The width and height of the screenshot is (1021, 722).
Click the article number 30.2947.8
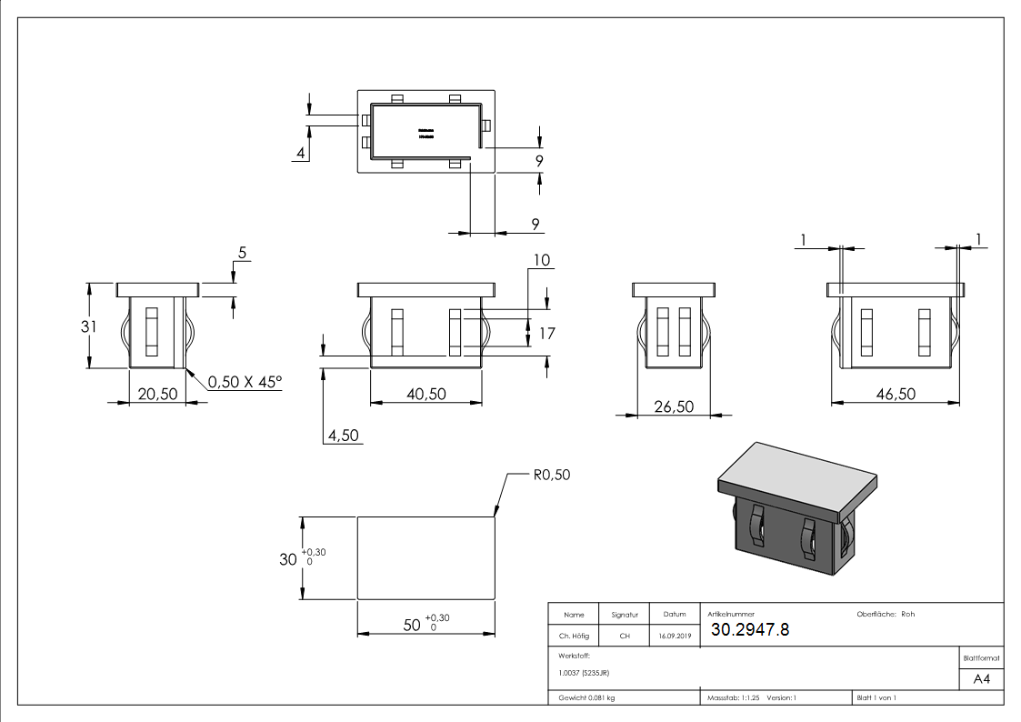[750, 629]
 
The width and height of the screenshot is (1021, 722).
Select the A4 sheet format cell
[981, 678]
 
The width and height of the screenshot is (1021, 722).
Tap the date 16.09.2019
[674, 637]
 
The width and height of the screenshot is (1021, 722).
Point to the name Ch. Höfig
[573, 637]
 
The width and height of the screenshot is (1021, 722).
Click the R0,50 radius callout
[552, 475]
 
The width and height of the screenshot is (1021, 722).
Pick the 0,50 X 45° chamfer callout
[245, 382]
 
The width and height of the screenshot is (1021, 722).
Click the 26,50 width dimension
[672, 406]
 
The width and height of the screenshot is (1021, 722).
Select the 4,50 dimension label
[344, 436]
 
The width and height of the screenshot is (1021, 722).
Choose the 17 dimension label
[546, 334]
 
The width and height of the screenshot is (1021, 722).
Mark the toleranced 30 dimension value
[288, 559]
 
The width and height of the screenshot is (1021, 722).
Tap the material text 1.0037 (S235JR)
[585, 673]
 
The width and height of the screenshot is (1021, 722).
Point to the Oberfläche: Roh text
[886, 614]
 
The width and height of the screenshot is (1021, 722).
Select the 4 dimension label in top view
[299, 153]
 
